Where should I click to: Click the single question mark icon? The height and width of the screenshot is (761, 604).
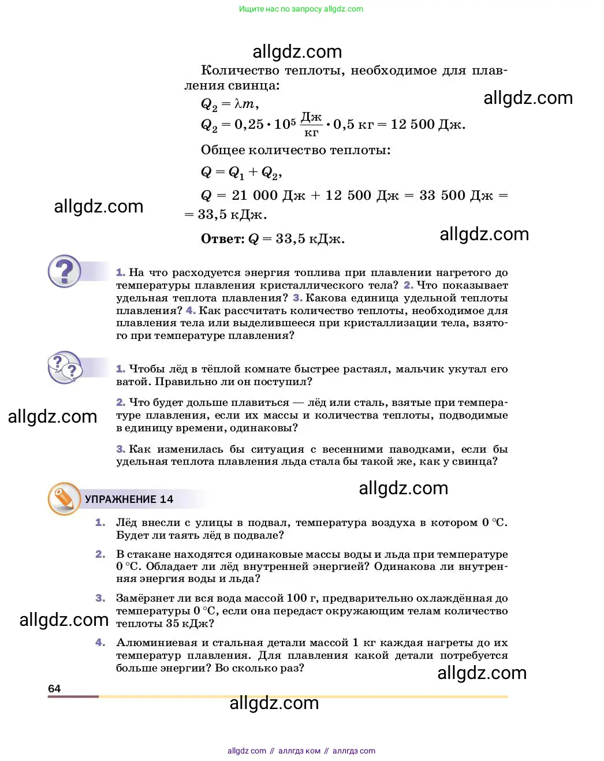(x=65, y=271)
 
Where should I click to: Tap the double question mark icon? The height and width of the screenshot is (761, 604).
(x=65, y=367)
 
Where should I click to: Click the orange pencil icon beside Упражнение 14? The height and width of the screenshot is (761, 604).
(x=64, y=498)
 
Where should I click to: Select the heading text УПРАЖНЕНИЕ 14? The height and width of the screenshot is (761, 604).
(x=129, y=499)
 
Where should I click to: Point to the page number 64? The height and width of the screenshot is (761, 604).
(x=54, y=688)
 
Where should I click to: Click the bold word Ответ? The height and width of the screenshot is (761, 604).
(x=222, y=239)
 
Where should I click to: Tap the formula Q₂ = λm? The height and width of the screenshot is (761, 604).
(x=229, y=105)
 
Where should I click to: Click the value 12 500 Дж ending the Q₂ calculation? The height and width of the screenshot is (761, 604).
(x=427, y=125)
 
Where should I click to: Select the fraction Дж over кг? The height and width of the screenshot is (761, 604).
(x=311, y=125)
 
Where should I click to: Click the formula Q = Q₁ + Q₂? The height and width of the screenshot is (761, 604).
(x=241, y=172)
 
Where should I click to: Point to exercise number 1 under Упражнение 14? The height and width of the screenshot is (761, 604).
(x=100, y=523)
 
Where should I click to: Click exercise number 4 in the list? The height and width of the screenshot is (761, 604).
(x=100, y=643)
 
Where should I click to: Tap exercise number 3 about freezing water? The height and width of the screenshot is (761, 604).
(x=100, y=598)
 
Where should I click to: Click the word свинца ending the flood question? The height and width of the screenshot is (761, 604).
(x=477, y=461)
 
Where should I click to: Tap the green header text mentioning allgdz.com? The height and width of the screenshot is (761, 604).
(x=301, y=9)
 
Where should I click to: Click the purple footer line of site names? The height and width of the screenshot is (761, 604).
(x=301, y=751)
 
